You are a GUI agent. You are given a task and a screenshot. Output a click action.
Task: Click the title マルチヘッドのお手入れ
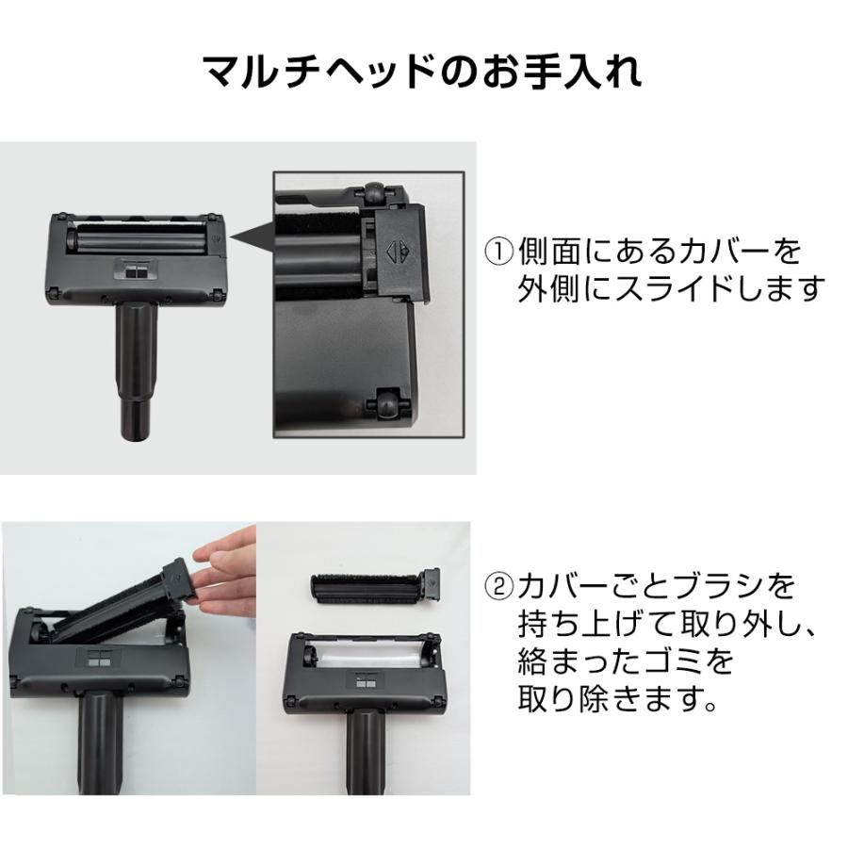click(423, 73)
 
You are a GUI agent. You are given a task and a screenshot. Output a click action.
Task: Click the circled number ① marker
click(499, 252)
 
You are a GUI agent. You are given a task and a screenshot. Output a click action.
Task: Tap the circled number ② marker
click(499, 588)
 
